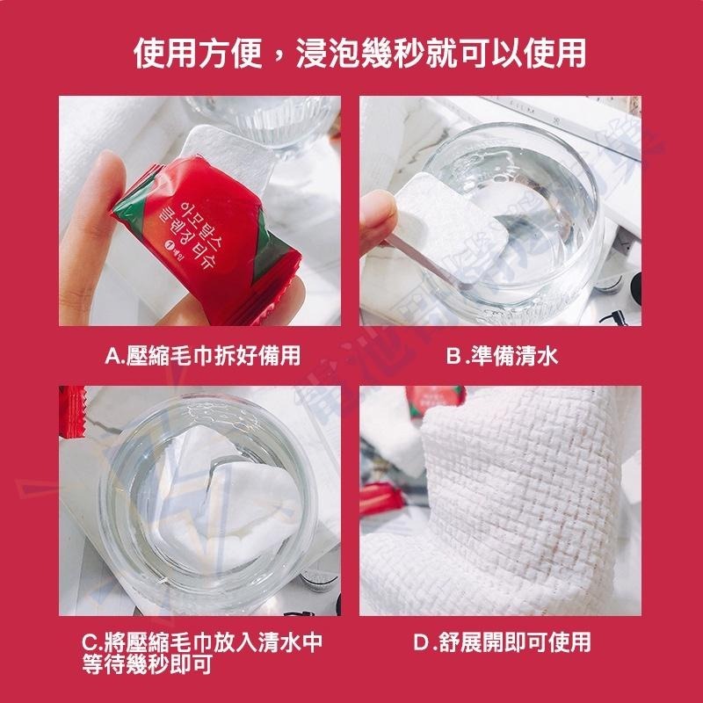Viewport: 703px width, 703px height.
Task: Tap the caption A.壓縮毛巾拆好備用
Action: [x=203, y=355]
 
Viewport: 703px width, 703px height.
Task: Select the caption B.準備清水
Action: [x=502, y=355]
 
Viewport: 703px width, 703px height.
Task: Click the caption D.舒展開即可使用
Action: [x=502, y=641]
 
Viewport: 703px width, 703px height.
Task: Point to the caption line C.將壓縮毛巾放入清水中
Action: [x=203, y=641]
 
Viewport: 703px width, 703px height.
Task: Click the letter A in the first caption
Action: [x=111, y=355]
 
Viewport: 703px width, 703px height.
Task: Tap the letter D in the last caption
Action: [x=421, y=641]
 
